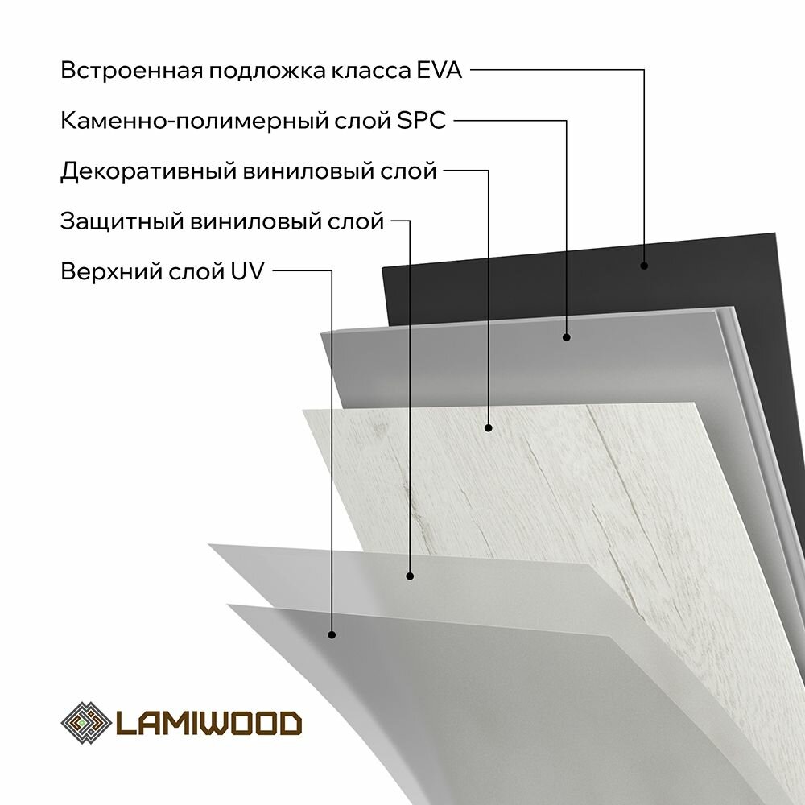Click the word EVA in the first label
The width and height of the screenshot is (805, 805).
pyautogui.click(x=438, y=71)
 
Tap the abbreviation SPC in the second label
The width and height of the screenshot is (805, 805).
pyautogui.click(x=422, y=122)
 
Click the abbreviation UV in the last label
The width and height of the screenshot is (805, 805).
pyautogui.click(x=247, y=271)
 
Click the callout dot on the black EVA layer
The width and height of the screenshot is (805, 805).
pyautogui.click(x=644, y=265)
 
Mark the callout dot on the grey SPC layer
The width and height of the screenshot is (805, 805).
pyautogui.click(x=566, y=337)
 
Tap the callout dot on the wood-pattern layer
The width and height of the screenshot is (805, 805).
pyautogui.click(x=489, y=428)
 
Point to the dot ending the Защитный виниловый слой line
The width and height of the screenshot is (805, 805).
pyautogui.click(x=410, y=576)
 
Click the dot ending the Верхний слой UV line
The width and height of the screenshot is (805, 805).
pyautogui.click(x=332, y=635)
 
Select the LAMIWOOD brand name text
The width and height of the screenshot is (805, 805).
pyautogui.click(x=209, y=722)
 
